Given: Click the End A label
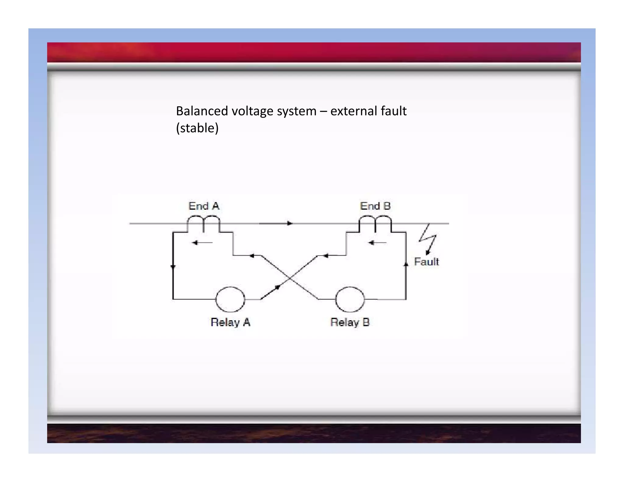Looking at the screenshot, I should point(204,206).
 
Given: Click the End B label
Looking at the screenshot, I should point(375,206).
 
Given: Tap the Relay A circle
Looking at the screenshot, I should point(230,299).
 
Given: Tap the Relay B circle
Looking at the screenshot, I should point(350,299).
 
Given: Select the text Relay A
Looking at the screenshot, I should point(230,322).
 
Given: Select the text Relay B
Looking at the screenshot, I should point(350,322).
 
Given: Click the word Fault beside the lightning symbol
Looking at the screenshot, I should point(426,262).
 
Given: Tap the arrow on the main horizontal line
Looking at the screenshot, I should point(289,223).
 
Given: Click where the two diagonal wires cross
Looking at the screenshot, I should point(290,278).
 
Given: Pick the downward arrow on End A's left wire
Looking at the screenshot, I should point(173,267).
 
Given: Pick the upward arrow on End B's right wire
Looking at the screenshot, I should point(406,264).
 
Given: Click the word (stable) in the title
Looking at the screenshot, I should point(197,128).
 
